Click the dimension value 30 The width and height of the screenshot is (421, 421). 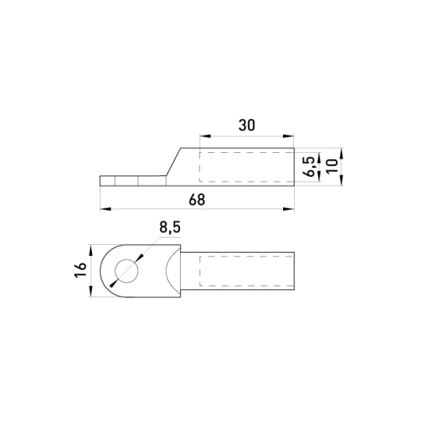click(246, 125)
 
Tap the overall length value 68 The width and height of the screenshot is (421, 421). click(196, 200)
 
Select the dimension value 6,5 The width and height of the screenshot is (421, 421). click(310, 167)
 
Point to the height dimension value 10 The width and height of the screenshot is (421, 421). click(332, 167)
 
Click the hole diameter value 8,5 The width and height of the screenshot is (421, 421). click(170, 227)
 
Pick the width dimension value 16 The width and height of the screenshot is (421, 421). click(80, 270)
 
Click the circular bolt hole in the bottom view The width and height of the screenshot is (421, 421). click(126, 271)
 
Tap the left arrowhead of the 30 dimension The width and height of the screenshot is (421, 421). click(205, 136)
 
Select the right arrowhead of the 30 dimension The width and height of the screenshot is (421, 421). click(288, 136)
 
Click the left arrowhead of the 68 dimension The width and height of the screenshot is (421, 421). click(105, 209)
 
